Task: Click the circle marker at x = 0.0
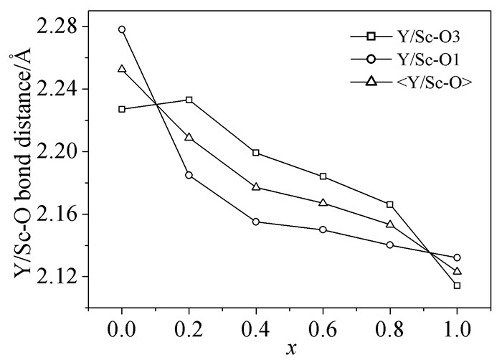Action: point(122,29)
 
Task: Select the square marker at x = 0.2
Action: point(189,100)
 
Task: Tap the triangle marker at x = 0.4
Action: point(256,187)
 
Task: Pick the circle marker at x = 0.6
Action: point(323,229)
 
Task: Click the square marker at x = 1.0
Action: point(457,285)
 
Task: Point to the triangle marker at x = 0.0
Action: point(122,69)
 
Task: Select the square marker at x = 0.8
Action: point(390,204)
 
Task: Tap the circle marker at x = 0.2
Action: point(189,175)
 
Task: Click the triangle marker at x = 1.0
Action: point(457,270)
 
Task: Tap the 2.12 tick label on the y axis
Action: point(60,277)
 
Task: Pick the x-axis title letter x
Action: point(290,350)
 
